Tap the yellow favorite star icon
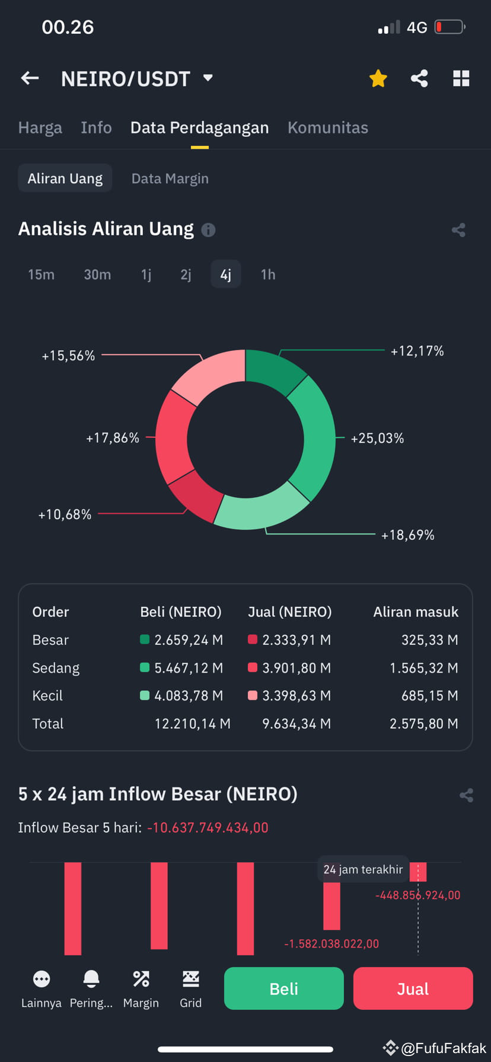click(x=378, y=78)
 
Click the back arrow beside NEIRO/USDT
click(x=30, y=78)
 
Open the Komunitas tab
click(x=328, y=127)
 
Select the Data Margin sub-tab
click(x=170, y=178)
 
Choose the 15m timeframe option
click(x=41, y=274)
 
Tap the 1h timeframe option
click(x=268, y=274)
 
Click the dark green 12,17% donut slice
click(x=274, y=370)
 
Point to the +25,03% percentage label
click(x=377, y=439)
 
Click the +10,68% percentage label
click(x=65, y=514)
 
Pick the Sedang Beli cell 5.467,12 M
click(x=188, y=668)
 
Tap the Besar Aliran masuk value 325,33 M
click(x=429, y=640)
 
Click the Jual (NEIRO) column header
click(x=289, y=612)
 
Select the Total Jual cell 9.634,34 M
click(x=296, y=724)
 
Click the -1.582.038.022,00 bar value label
click(x=331, y=943)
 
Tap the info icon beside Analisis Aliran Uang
click(x=208, y=230)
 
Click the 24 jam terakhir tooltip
click(x=363, y=869)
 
